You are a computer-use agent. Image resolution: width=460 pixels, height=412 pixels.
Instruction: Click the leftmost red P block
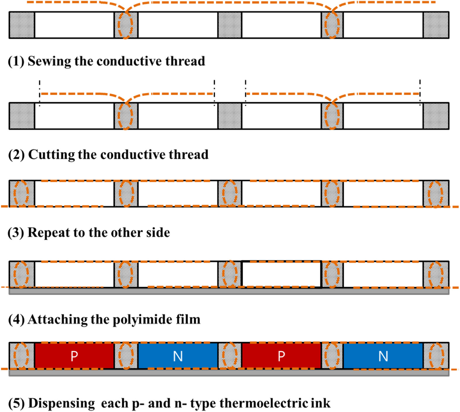coord(74,356)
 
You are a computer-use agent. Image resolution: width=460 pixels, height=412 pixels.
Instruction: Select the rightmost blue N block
coord(383,356)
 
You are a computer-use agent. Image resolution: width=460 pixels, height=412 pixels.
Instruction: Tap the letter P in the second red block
coord(281,356)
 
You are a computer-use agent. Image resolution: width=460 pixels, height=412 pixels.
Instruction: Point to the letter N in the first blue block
coord(178,356)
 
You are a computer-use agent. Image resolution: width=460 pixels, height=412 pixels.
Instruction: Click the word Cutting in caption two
coord(51,155)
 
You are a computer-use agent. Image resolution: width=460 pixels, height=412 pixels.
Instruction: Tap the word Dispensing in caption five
coord(61,403)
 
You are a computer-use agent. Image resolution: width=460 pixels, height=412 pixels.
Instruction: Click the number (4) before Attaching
coord(16,320)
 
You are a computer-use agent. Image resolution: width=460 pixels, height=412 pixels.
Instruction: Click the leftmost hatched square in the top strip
coord(22,25)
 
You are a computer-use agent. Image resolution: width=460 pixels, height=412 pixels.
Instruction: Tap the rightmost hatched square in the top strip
coord(436,25)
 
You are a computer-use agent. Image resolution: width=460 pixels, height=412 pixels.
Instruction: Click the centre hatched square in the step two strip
coord(230,116)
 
